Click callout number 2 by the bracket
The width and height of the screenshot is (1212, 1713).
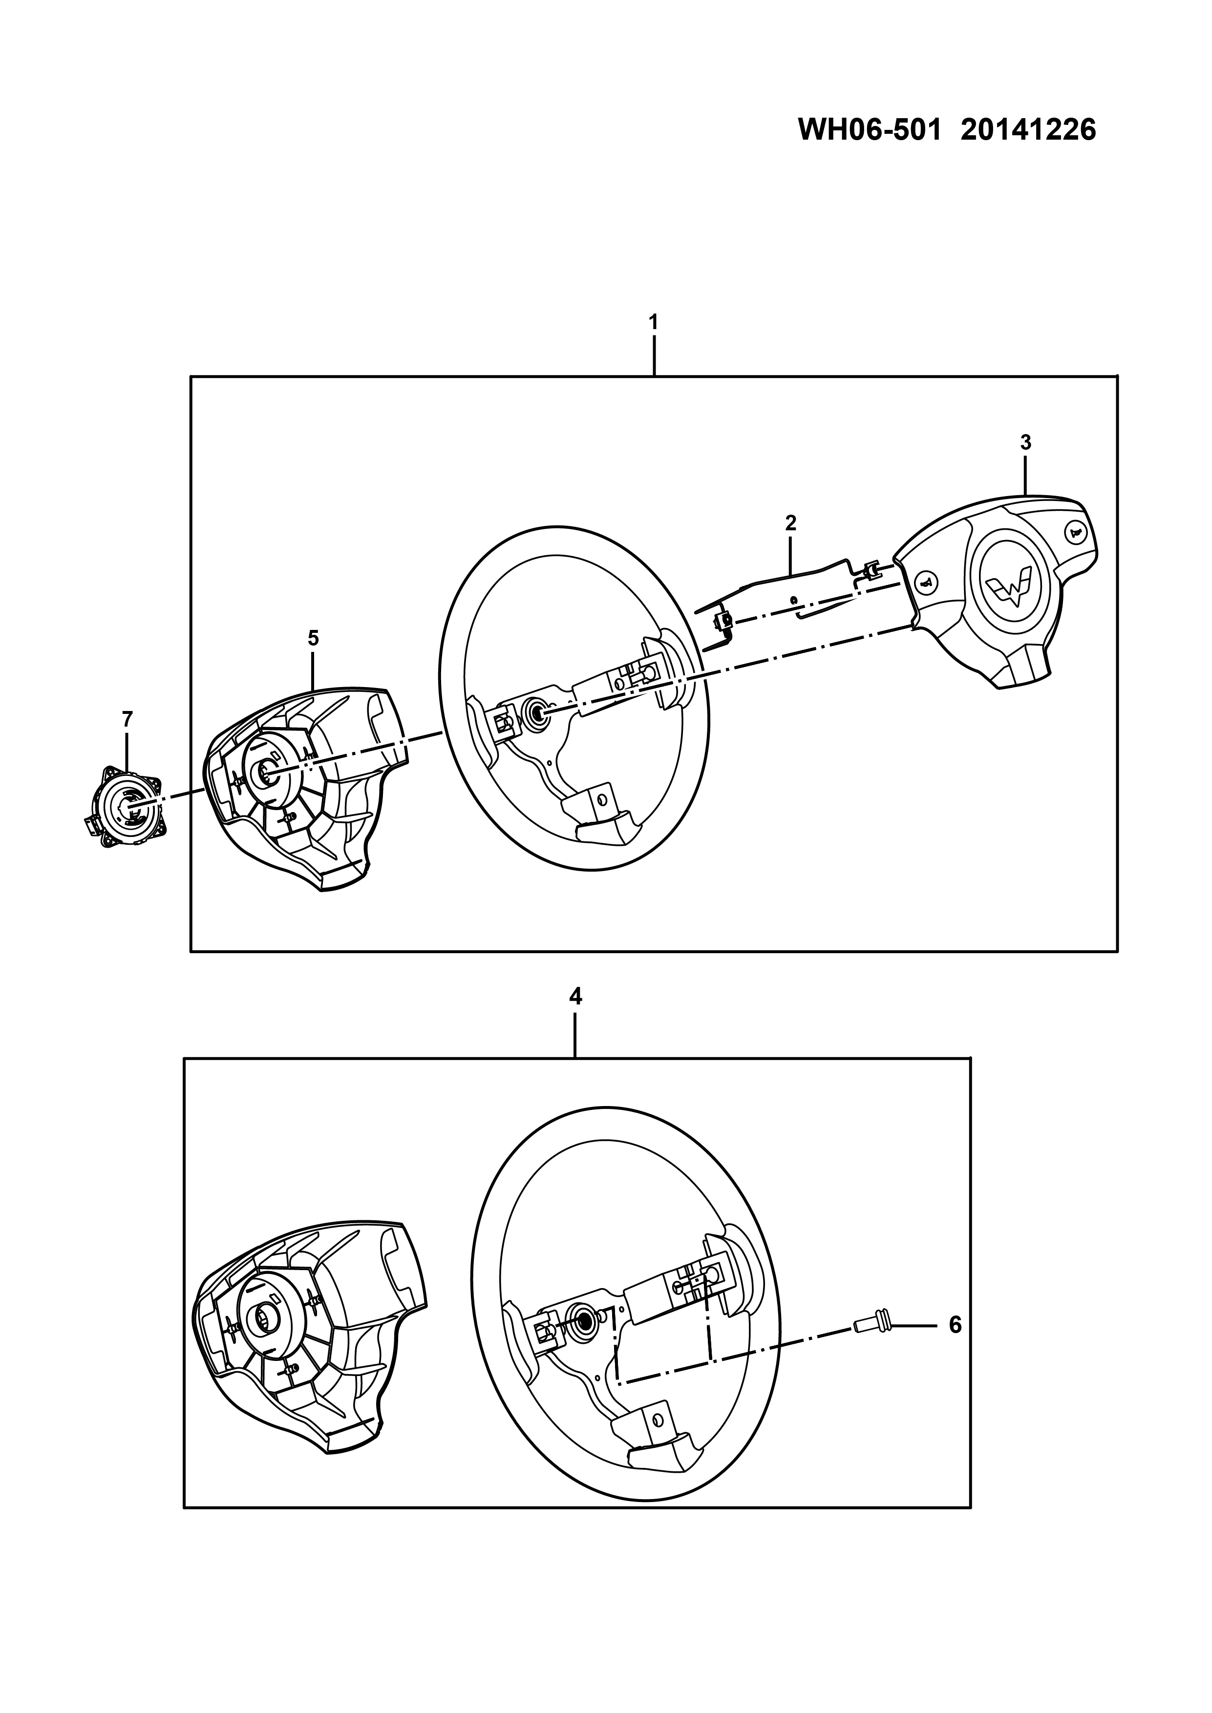[790, 523]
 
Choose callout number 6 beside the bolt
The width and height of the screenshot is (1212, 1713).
[955, 1325]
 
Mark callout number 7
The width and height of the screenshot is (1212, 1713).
[127, 719]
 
